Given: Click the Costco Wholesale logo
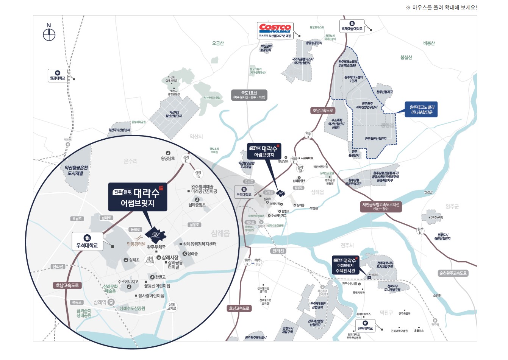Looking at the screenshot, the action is tap(275, 28).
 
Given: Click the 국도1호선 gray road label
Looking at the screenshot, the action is tap(249, 95).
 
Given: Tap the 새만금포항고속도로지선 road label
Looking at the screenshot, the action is tap(380, 206).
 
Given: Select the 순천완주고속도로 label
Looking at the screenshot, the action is tap(453, 273).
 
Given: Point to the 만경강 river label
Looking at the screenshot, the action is tap(428, 192).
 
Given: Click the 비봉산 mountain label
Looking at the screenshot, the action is tap(429, 43).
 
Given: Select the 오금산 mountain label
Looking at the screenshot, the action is tap(218, 44).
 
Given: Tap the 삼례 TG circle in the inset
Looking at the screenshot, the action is tap(198, 174).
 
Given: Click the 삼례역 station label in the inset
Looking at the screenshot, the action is tap(100, 302).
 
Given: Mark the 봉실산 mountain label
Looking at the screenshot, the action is tap(406, 58).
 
